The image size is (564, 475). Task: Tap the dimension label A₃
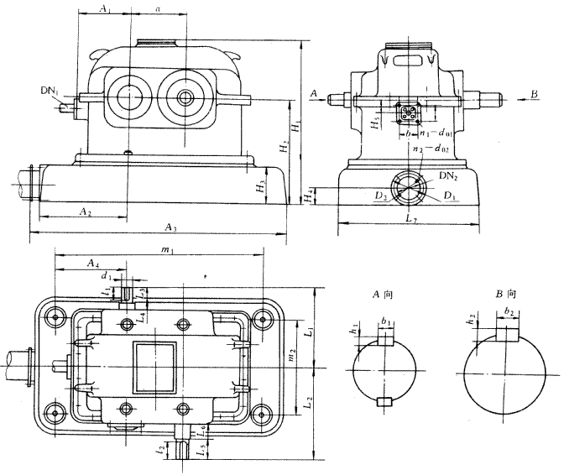[170, 227]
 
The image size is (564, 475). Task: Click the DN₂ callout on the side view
[447, 178]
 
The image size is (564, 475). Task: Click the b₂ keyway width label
[509, 311]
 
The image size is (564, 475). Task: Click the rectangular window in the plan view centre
[155, 365]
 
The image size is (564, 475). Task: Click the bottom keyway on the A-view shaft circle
[383, 401]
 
